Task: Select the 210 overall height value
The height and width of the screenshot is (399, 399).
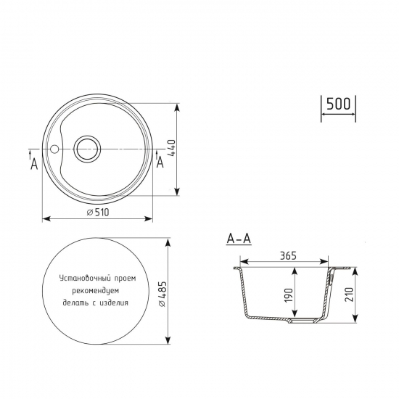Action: (349, 295)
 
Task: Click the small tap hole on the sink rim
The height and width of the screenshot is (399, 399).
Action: (54, 150)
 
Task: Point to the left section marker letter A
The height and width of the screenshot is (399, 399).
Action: (33, 165)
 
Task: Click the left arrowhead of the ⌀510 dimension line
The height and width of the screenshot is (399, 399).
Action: (45, 218)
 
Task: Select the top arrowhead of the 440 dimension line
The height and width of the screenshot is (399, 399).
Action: (178, 107)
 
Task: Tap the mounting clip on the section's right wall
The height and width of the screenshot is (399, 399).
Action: (332, 277)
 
